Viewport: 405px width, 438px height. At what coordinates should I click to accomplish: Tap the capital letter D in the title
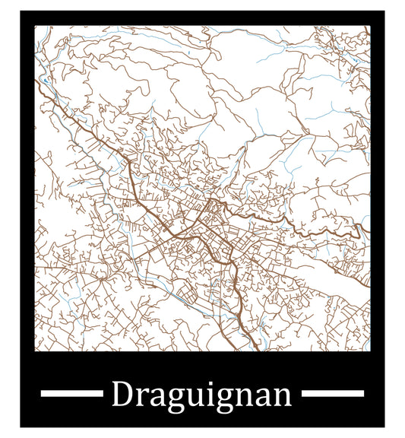click(122, 395)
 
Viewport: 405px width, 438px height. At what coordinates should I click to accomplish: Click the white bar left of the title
click(71, 393)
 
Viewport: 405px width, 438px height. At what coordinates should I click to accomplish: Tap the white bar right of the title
click(333, 393)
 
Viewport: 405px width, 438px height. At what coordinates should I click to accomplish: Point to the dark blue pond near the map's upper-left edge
click(46, 80)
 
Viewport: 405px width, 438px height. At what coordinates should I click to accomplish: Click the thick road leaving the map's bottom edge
click(251, 338)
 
